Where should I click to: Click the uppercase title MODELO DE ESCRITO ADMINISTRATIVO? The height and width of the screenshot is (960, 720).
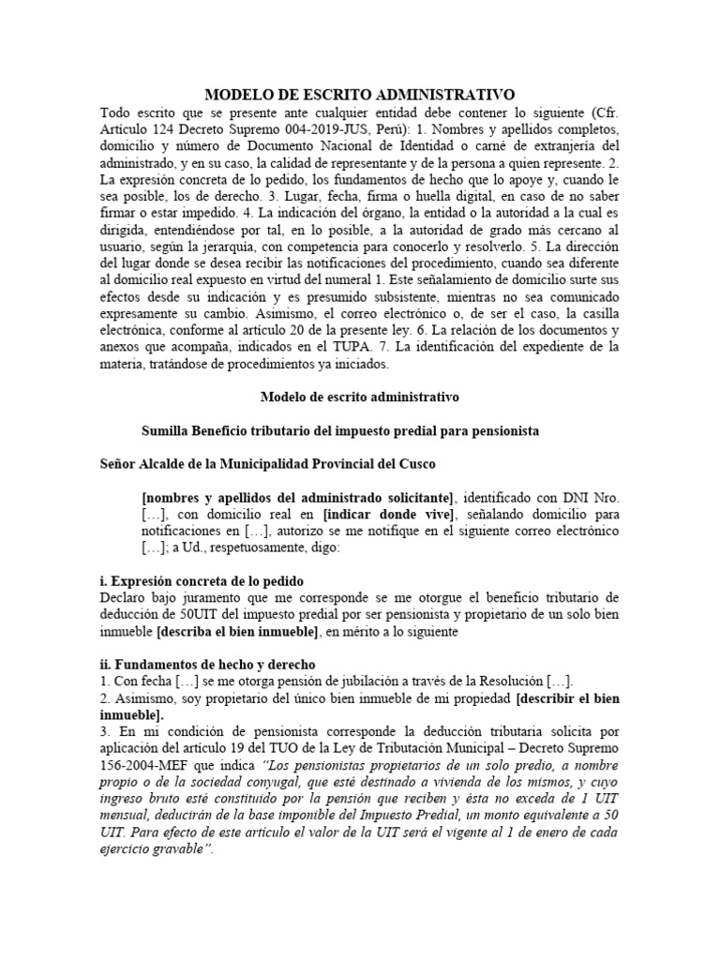coord(360,95)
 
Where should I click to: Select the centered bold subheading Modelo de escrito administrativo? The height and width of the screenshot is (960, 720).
coord(359,397)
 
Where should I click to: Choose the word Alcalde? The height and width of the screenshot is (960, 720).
coord(168,464)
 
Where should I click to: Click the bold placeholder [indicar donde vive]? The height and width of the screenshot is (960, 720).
coord(395,514)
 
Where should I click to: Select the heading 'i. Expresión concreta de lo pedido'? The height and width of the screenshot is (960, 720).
coord(202,581)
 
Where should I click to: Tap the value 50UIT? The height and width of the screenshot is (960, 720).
coord(191,615)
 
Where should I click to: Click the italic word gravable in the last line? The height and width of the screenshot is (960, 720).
coord(178,849)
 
